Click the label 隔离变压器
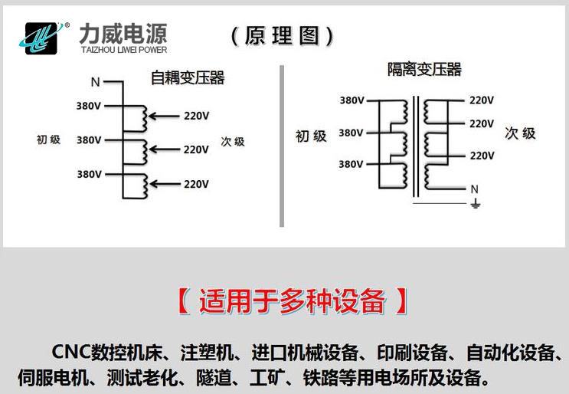424,70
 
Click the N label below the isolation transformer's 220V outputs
474,189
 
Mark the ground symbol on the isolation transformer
474,203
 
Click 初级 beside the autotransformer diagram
48,140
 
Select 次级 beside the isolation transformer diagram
520,133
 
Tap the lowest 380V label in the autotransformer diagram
89,174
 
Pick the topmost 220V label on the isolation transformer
481,100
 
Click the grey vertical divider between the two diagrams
282,146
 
